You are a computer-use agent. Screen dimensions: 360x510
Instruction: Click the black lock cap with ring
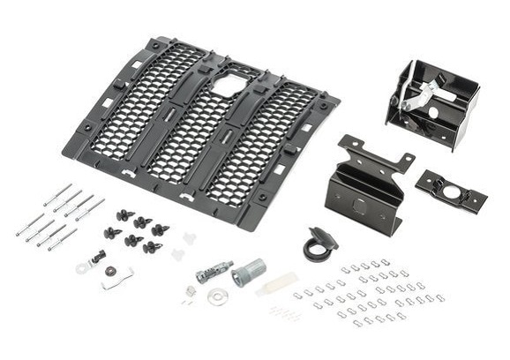[318, 246]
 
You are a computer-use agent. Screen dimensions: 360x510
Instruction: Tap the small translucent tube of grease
[276, 284]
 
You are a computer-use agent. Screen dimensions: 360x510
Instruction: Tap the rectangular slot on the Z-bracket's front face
[357, 201]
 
